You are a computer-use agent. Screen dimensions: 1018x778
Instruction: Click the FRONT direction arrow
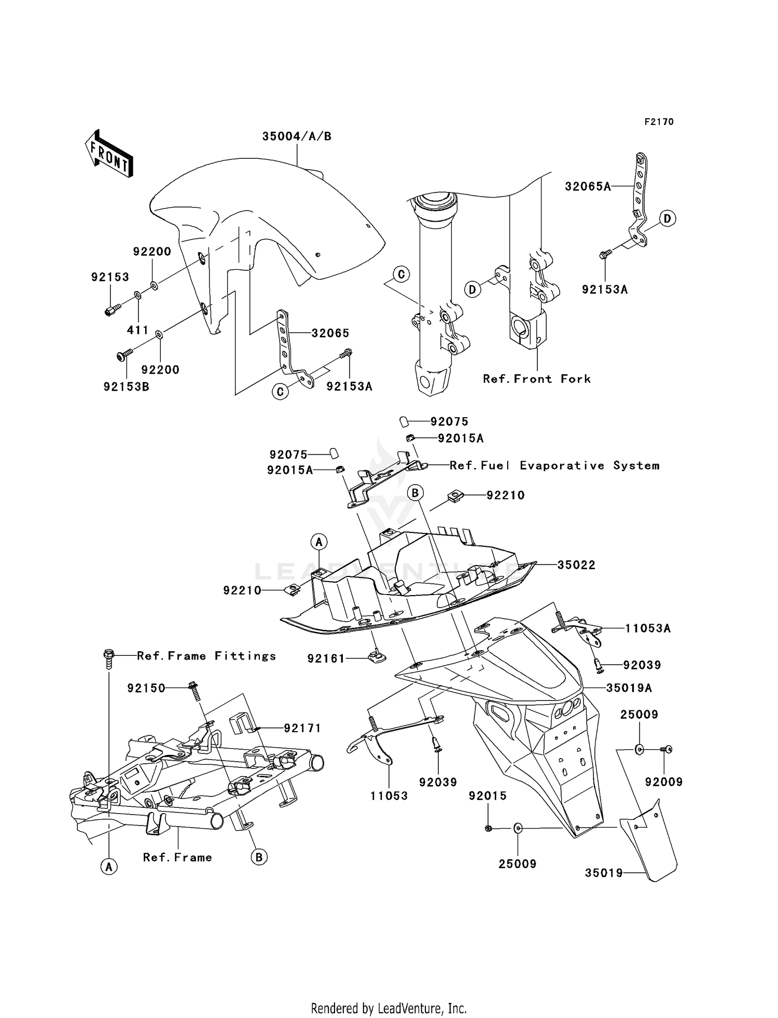pos(109,154)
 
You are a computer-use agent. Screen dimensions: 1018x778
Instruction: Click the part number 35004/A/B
pos(297,136)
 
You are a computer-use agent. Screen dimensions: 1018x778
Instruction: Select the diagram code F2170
pos(659,122)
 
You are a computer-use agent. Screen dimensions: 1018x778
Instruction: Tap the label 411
pos(138,330)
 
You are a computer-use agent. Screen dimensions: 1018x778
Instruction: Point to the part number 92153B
pos(127,387)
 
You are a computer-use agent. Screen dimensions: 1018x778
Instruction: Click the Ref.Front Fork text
pos(537,379)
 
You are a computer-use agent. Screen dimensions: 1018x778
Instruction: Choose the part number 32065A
pos(588,186)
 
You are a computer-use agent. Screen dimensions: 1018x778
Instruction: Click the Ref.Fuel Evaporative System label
pos(554,465)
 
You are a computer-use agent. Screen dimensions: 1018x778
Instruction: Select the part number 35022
pos(576,565)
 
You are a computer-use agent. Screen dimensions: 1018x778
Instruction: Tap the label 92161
pos(326,658)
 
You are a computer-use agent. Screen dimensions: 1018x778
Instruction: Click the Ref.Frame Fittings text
pos(206,656)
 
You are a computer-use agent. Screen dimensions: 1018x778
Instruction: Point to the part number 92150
pos(146,688)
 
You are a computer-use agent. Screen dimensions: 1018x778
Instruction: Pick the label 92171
pos(302,728)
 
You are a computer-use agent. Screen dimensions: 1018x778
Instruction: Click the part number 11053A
pos(648,628)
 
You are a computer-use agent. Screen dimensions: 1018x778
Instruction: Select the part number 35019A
pos(629,688)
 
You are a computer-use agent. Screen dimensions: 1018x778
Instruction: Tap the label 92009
pos(664,782)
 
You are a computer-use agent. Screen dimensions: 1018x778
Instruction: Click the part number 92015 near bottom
pos(488,796)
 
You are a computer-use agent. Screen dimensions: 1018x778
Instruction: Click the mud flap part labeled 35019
pos(651,843)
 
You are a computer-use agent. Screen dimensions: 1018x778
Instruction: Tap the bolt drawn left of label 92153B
pos(123,355)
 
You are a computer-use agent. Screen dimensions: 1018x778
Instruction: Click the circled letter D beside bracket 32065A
pos(668,218)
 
